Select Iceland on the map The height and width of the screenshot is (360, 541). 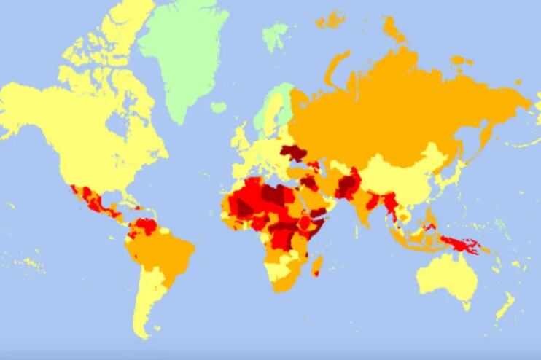(218, 107)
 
